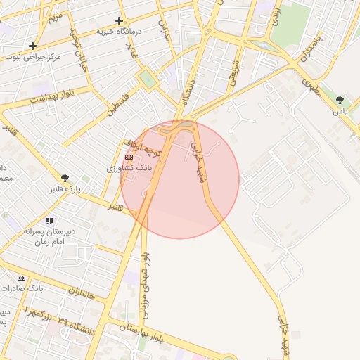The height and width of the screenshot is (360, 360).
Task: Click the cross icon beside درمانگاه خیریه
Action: coord(119,21)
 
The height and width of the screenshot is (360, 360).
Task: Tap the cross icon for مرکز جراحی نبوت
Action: coord(32,46)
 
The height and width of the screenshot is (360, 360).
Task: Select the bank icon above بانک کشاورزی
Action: coord(129,157)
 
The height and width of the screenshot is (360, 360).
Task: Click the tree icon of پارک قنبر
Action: coord(65,179)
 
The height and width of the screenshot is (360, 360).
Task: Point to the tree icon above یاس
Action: coord(341,100)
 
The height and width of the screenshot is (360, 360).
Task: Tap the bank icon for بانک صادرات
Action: coord(20,278)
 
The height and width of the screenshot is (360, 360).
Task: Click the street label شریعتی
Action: coord(232,70)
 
